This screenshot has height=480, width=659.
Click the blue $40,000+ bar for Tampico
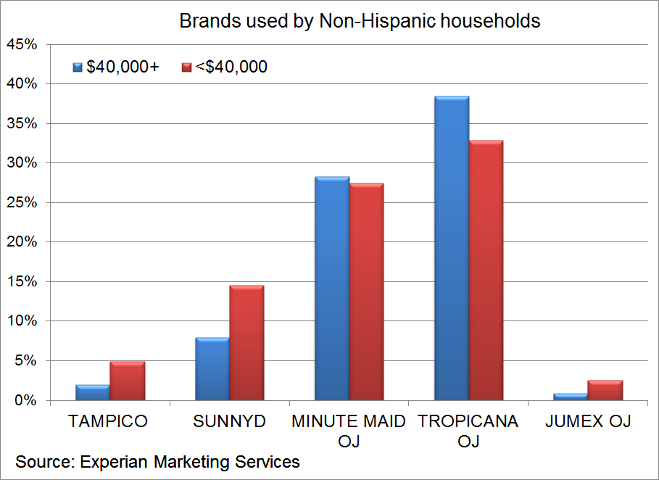click(x=93, y=392)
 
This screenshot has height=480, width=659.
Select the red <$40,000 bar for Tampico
click(x=127, y=381)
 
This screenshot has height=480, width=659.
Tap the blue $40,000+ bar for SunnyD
click(x=212, y=369)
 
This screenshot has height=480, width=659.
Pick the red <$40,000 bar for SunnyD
click(x=246, y=343)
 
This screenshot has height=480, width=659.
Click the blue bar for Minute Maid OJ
click(x=332, y=289)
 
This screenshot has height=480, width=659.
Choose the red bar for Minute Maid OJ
click(x=366, y=291)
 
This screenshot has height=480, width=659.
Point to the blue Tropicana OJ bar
click(x=451, y=248)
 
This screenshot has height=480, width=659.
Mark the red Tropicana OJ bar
click(x=486, y=270)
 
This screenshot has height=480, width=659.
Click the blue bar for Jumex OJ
click(x=571, y=397)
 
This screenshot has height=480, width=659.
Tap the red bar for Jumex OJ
click(x=605, y=390)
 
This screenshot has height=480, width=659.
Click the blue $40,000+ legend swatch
click(x=78, y=67)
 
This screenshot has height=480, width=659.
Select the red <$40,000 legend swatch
click(x=186, y=67)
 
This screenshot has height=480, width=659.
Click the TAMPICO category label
click(x=107, y=421)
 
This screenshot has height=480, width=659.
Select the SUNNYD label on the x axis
click(x=230, y=421)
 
